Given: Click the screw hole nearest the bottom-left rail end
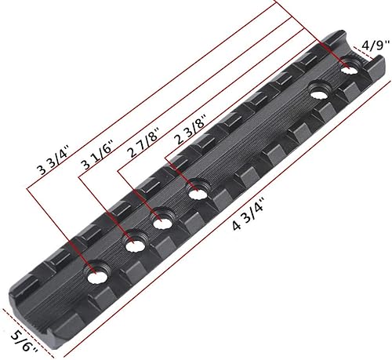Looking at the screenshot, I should click(x=98, y=274).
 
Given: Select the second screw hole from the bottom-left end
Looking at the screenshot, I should click(x=132, y=245).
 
